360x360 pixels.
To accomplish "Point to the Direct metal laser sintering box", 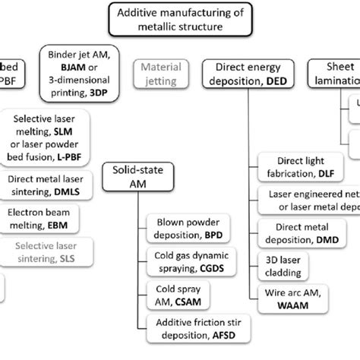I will click(46, 184).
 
